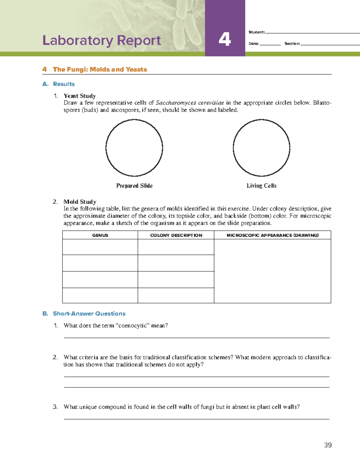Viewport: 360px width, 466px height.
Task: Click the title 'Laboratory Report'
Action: [101, 41]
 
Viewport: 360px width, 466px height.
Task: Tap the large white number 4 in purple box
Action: [225, 39]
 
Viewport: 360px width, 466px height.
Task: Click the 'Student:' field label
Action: [256, 32]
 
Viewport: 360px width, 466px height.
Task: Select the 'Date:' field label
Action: [253, 44]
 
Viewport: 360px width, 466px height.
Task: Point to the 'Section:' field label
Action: [292, 44]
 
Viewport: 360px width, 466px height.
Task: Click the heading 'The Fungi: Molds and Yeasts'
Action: [100, 69]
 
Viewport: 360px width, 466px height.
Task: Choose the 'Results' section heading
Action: [64, 84]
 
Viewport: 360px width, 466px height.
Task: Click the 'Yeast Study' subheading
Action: [79, 96]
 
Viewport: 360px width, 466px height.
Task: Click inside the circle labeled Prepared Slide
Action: [134, 148]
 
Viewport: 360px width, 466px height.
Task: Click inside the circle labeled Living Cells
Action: [261, 148]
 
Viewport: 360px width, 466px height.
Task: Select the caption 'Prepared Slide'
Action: [134, 186]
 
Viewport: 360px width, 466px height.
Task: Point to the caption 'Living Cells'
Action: [261, 186]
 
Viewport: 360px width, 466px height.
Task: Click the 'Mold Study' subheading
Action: [80, 202]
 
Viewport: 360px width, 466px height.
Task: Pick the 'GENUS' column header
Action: [100, 235]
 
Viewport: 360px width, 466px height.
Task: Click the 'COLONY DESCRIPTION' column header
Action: [176, 235]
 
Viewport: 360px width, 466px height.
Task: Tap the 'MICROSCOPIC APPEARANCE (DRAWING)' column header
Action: [272, 235]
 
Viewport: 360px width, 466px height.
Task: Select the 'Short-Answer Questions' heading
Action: [89, 314]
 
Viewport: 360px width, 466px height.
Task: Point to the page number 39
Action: [328, 445]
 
